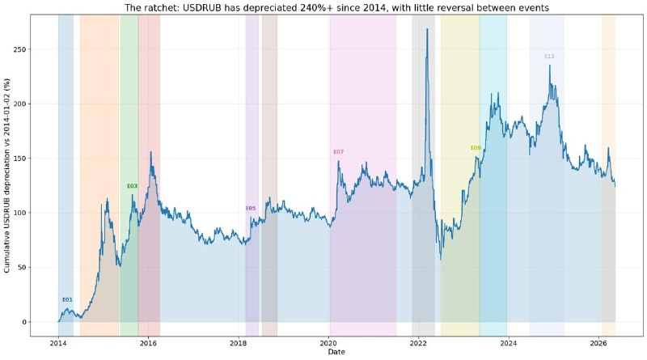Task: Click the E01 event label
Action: point(67,299)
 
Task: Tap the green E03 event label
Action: point(132,186)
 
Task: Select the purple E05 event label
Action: point(251,209)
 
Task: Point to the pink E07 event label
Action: point(338,152)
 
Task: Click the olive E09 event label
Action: point(476,148)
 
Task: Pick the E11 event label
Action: point(549,57)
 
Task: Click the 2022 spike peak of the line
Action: point(427,29)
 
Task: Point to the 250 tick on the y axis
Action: point(22,49)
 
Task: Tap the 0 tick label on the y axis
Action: point(25,322)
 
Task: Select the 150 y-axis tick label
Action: point(22,159)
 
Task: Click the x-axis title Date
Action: point(336,352)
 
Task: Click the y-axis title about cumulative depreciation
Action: point(7,176)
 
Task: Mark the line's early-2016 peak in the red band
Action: point(150,152)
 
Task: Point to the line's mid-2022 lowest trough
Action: point(441,259)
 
